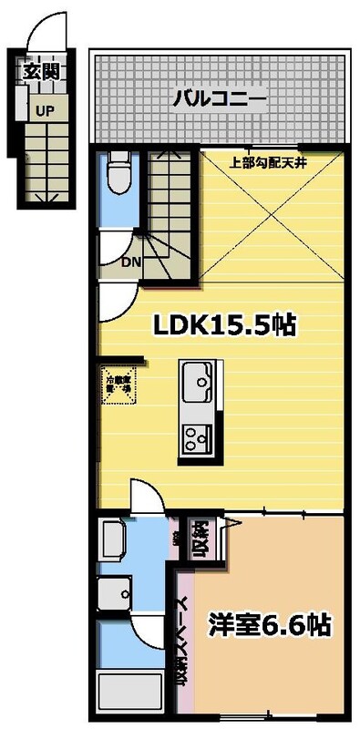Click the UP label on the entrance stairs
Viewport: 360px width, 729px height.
(x=43, y=111)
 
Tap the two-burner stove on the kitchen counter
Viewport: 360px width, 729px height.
(x=196, y=438)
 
